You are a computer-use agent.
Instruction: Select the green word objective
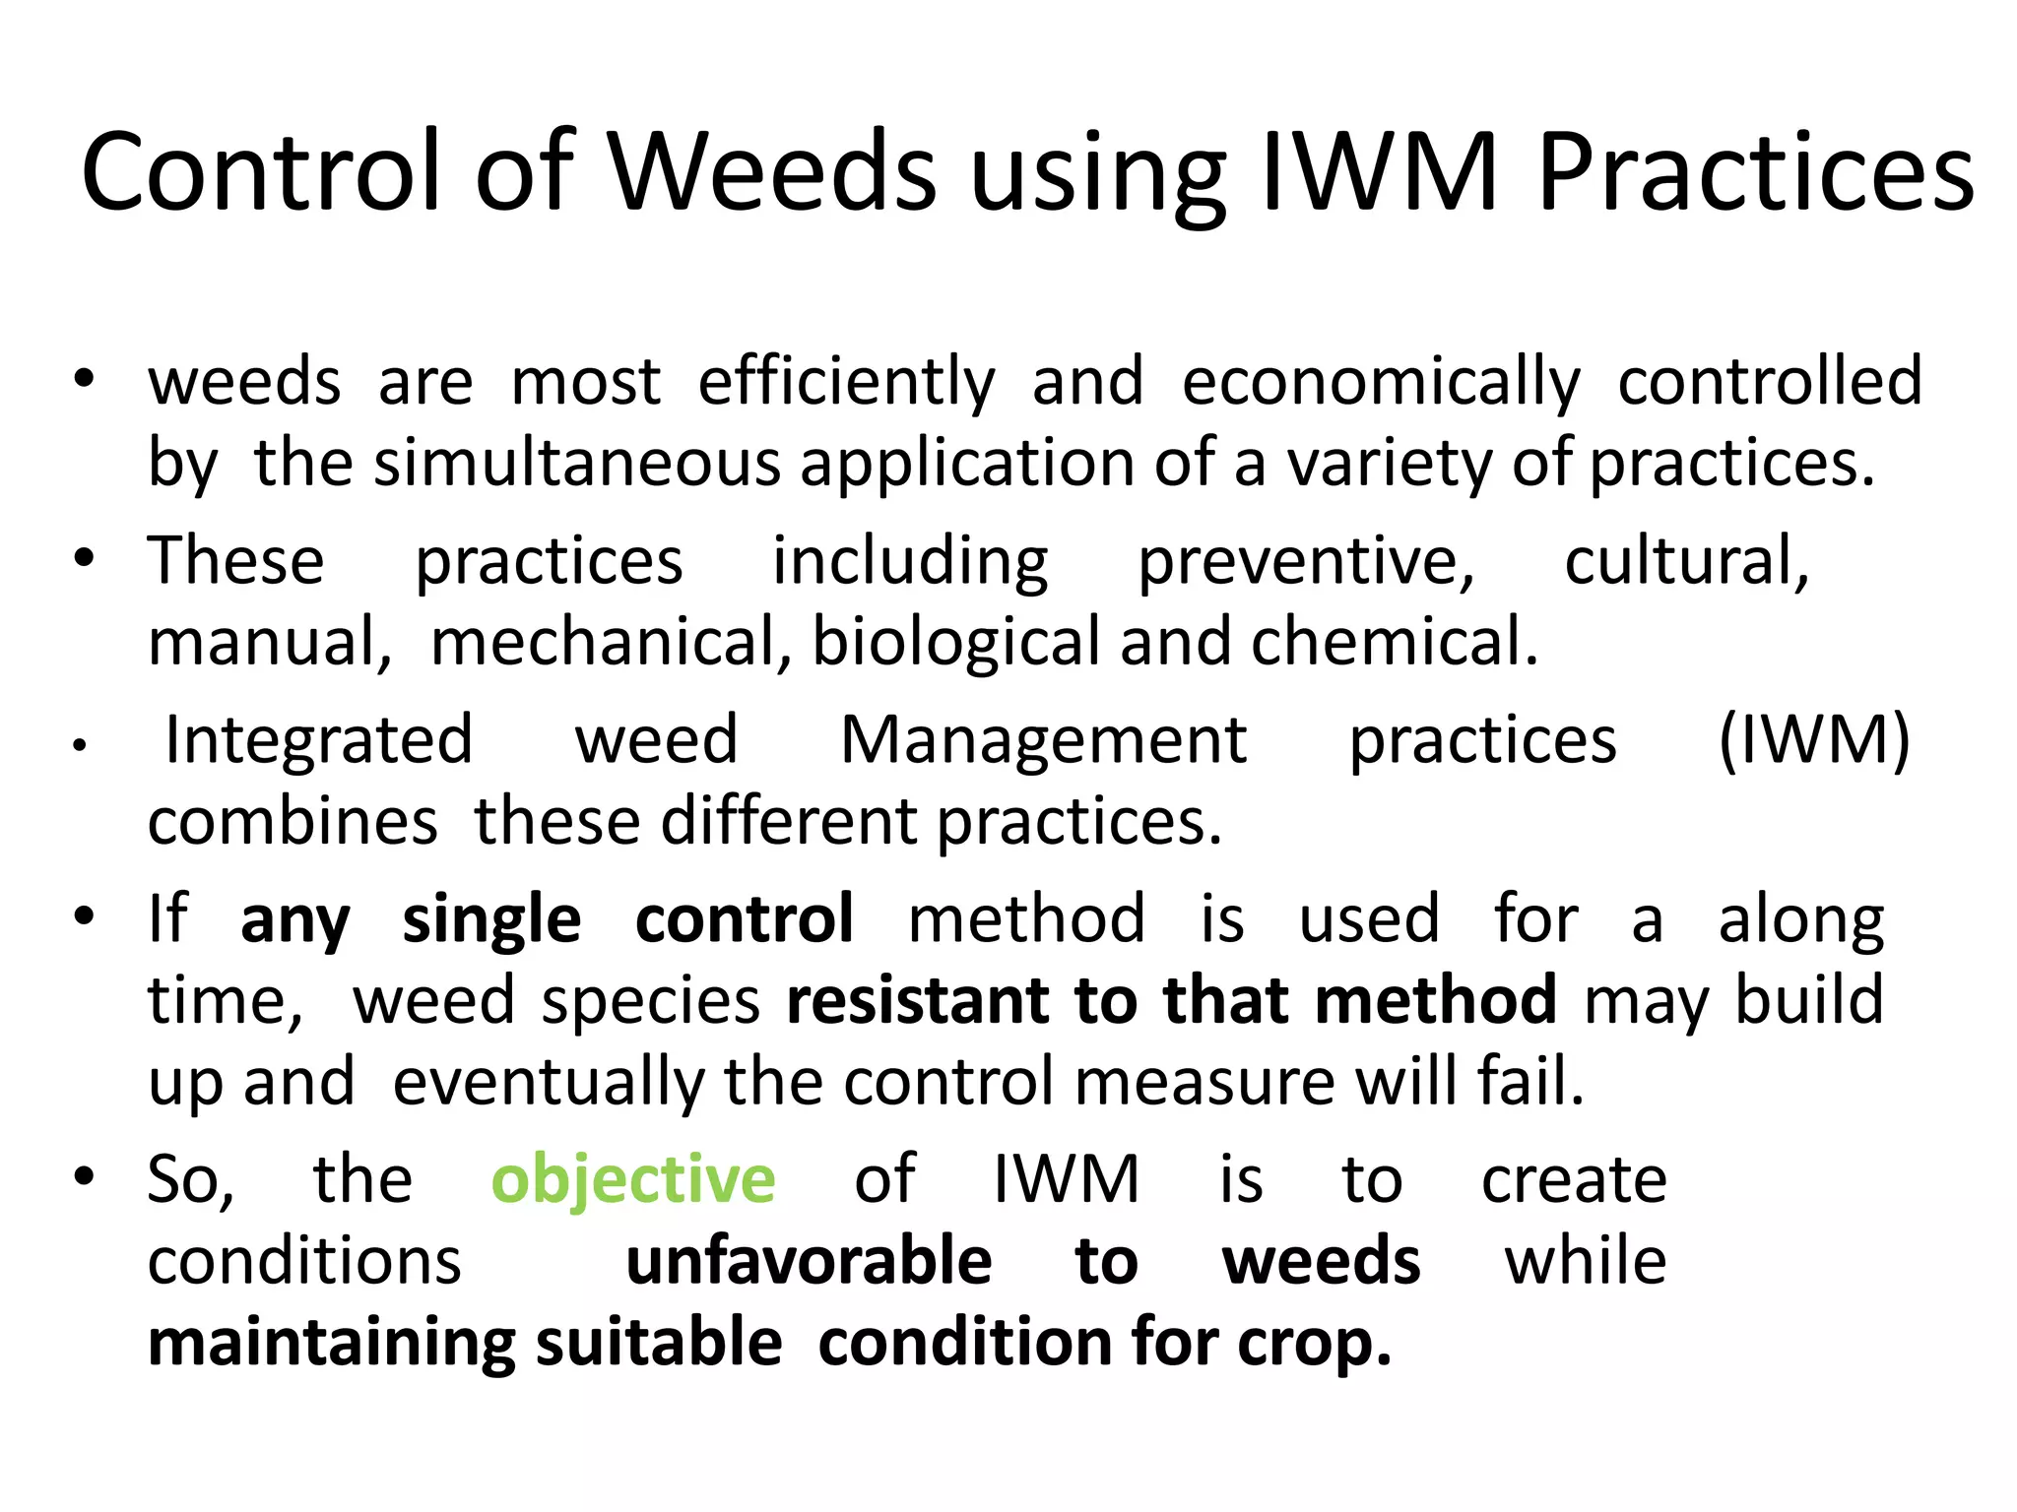633,1179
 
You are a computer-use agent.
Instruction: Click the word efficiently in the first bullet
847,382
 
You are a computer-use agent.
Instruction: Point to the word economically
1381,382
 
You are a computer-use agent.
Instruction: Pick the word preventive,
1306,562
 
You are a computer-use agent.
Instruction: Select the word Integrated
319,740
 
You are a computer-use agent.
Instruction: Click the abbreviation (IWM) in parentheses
1814,740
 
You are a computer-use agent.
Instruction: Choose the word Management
1043,740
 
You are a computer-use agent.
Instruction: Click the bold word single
491,920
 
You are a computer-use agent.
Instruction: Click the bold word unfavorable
809,1261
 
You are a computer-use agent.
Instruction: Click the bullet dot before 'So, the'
85,1176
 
